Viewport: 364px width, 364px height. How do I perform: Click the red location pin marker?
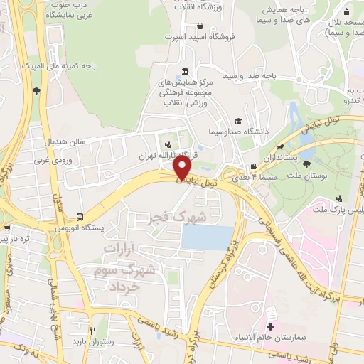tap(182, 168)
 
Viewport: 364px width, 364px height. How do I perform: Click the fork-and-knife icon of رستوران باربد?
tap(92, 331)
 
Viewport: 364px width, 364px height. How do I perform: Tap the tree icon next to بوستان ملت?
tap(306, 164)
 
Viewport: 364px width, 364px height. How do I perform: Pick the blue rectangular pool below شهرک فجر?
tap(206, 237)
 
